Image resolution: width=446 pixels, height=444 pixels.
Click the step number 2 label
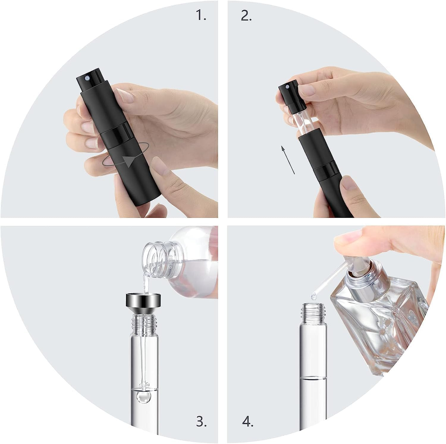(x=246, y=16)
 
